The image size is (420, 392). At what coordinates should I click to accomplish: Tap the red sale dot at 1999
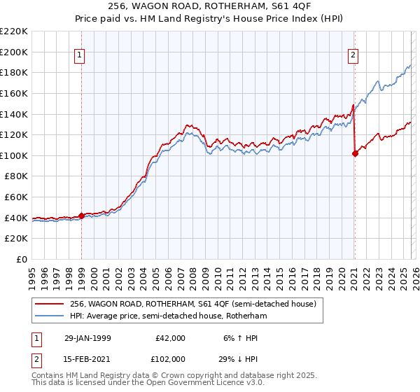point(82,216)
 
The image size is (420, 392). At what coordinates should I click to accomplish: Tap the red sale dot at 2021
point(355,154)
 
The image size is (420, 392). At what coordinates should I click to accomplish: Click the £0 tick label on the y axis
point(22,259)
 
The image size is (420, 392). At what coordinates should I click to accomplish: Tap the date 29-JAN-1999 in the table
point(89,337)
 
